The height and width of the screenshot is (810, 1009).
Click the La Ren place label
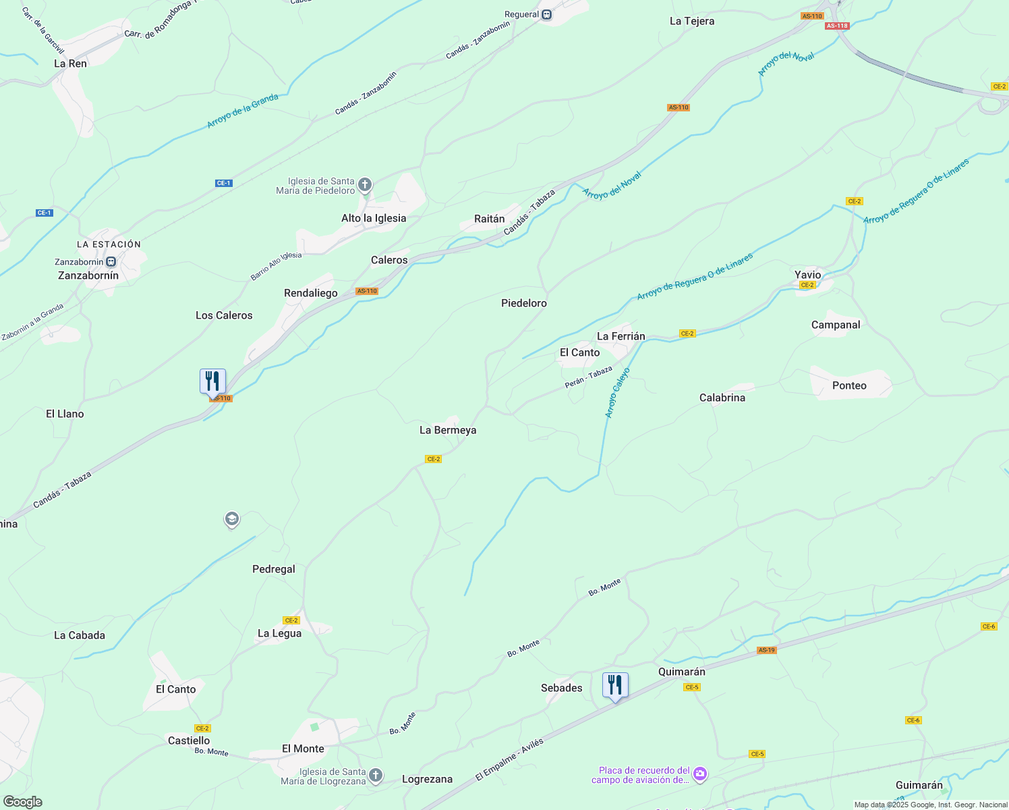pyautogui.click(x=70, y=63)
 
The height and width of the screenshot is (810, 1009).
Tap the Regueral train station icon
pyautogui.click(x=547, y=15)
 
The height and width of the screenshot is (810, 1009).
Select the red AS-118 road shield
pyautogui.click(x=836, y=26)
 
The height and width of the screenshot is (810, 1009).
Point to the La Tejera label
pyautogui.click(x=691, y=22)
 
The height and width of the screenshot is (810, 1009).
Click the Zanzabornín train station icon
pyautogui.click(x=111, y=262)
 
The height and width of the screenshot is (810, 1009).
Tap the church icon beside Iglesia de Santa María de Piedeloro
pyautogui.click(x=365, y=184)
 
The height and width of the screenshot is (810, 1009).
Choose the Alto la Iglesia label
pyautogui.click(x=374, y=218)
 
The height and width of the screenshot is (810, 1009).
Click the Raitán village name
pyautogui.click(x=489, y=219)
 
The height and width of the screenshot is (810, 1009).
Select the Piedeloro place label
pyautogui.click(x=523, y=303)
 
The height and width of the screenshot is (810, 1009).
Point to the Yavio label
pyautogui.click(x=807, y=275)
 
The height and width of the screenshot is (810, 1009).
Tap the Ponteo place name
pyautogui.click(x=849, y=385)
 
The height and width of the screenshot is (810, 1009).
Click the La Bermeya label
pyautogui.click(x=448, y=430)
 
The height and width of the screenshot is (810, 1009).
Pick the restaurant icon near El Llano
pyautogui.click(x=212, y=381)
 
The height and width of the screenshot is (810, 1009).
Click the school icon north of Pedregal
pyautogui.click(x=232, y=519)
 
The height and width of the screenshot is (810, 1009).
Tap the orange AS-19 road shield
pyautogui.click(x=766, y=651)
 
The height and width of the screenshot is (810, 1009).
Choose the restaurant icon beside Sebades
pyautogui.click(x=615, y=685)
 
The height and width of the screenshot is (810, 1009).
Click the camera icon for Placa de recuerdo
pyautogui.click(x=700, y=774)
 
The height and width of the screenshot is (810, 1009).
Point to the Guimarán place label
pyautogui.click(x=919, y=785)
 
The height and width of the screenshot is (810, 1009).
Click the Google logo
pyautogui.click(x=22, y=802)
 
